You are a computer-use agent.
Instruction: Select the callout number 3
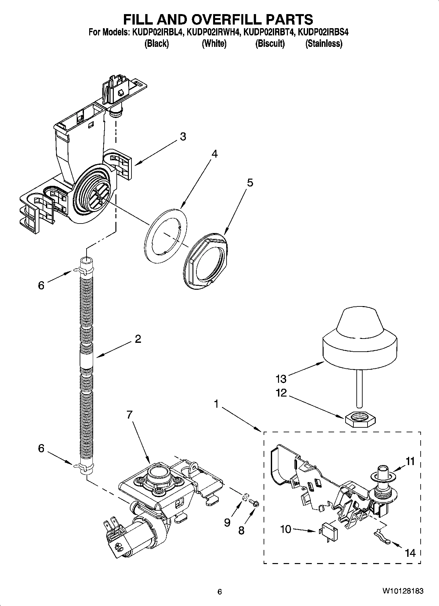coord(183,136)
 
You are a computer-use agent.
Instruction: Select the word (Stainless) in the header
coord(324,44)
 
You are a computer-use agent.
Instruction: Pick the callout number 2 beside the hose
coord(138,339)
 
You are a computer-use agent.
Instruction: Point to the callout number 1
coord(216,404)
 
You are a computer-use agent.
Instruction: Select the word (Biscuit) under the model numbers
coord(270,44)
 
